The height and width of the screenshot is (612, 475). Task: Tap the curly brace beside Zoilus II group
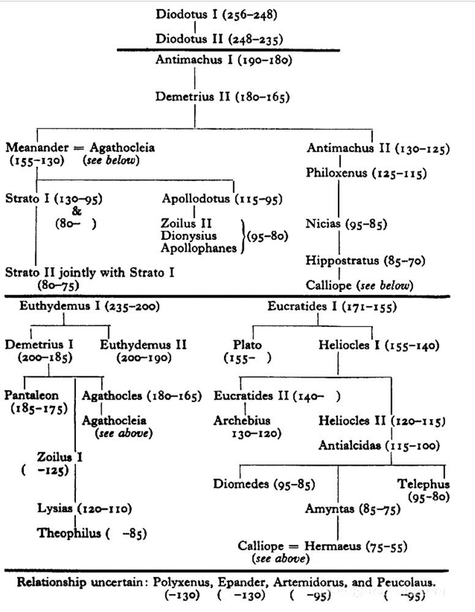point(243,236)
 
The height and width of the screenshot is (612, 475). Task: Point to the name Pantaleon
point(32,395)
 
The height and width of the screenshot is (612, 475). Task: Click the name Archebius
point(242,421)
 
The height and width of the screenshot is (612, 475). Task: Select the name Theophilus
point(69,533)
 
